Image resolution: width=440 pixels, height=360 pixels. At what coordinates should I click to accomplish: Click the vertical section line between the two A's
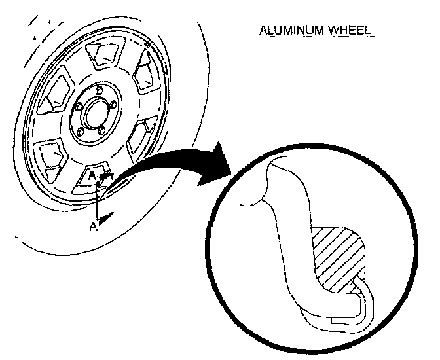click(98, 203)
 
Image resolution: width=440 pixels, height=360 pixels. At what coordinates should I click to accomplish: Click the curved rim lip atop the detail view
click(275, 164)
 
